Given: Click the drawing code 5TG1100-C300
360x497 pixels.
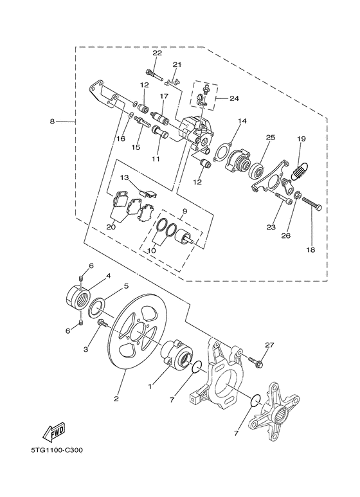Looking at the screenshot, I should (x=54, y=450).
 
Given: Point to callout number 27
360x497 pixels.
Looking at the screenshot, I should (x=269, y=345).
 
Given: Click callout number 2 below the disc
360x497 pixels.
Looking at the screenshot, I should (x=116, y=399).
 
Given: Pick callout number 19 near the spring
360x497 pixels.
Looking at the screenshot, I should (x=301, y=139).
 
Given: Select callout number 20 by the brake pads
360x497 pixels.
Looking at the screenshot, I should (x=111, y=226).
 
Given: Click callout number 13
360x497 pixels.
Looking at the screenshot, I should (x=125, y=177).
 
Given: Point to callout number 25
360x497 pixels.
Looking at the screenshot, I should (x=270, y=138).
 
